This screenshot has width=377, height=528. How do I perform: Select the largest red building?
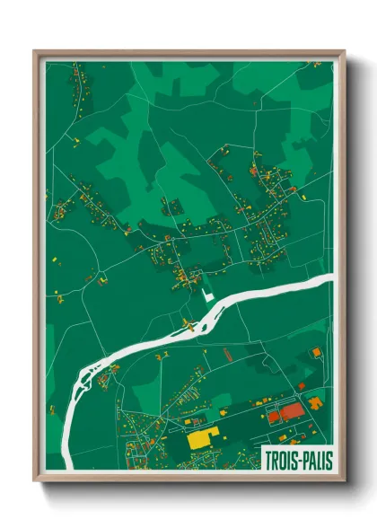click(x=292, y=412)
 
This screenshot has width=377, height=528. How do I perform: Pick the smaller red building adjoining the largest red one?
click(x=274, y=417)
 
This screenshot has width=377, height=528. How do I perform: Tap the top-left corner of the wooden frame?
click(x=35, y=51)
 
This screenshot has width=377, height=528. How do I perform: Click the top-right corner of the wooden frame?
click(x=344, y=51)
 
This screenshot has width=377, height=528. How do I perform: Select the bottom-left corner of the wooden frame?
click(x=35, y=482)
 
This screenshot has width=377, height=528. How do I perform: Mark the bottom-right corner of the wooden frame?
click(x=344, y=482)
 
